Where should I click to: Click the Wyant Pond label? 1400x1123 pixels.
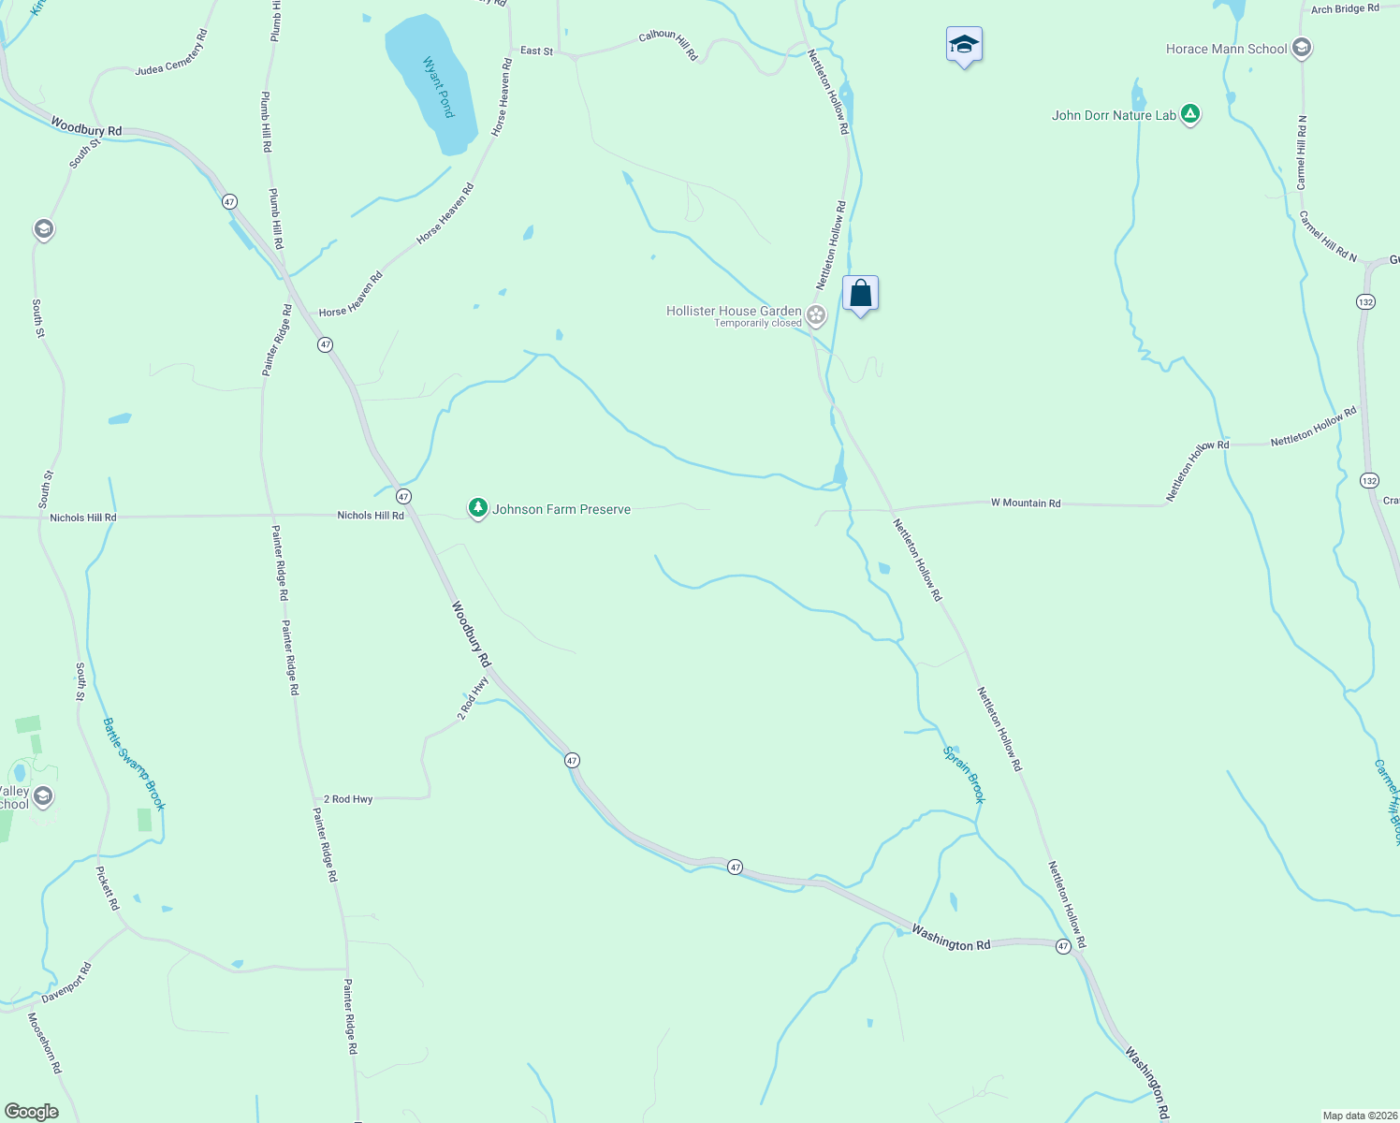(438, 87)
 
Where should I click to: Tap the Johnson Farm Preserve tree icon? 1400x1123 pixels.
(478, 508)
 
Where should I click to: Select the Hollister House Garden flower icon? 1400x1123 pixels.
(816, 315)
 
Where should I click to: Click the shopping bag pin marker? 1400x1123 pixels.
(860, 294)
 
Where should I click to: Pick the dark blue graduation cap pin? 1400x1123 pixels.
(964, 45)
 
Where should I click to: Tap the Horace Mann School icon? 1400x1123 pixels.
(1301, 48)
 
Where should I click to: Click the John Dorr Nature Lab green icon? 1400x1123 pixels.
(1189, 115)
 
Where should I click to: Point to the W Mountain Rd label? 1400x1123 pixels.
(1026, 503)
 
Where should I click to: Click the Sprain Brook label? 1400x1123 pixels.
(964, 774)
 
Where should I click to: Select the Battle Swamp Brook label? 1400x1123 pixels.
(134, 764)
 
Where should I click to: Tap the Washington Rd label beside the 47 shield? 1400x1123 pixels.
(951, 938)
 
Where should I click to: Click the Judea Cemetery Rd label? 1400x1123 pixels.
(171, 53)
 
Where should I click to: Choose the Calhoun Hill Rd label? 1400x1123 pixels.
(668, 44)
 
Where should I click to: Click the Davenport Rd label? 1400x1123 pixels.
(66, 983)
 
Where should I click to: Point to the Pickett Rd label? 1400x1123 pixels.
(108, 888)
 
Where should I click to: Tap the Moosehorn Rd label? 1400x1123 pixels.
(44, 1043)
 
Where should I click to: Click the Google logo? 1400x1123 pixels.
(31, 1112)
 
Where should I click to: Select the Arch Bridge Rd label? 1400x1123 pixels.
(1345, 9)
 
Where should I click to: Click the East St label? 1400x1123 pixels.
(536, 51)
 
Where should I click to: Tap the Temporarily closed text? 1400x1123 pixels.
(758, 324)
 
